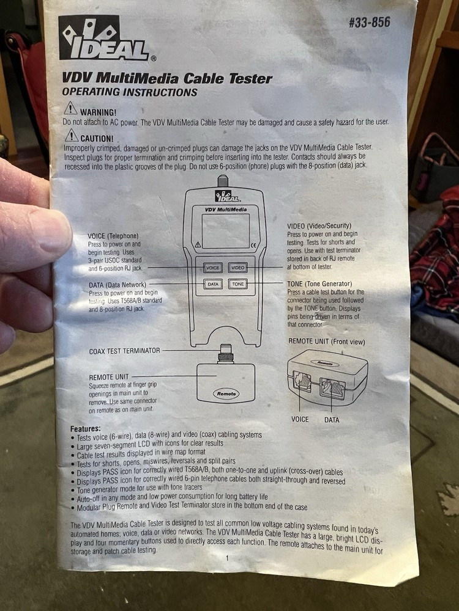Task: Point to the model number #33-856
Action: coord(369,22)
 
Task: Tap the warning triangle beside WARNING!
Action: coord(70,108)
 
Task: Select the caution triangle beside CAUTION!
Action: coord(72,135)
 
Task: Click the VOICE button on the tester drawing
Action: coord(213,268)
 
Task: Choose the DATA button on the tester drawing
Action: coord(213,284)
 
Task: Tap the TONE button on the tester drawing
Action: coord(237,284)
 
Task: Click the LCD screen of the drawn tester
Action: coord(226,231)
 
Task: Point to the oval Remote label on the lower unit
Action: coord(226,393)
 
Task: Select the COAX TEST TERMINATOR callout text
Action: coord(124,351)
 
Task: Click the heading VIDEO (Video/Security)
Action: coord(319,226)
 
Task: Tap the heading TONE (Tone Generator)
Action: coord(319,284)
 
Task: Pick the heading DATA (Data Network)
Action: coord(118,285)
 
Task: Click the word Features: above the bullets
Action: coord(86,429)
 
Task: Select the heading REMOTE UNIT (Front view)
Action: coord(327,342)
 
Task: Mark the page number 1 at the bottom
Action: coord(228,558)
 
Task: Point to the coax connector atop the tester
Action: coord(223,181)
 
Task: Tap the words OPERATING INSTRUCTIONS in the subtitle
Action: coord(130,92)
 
